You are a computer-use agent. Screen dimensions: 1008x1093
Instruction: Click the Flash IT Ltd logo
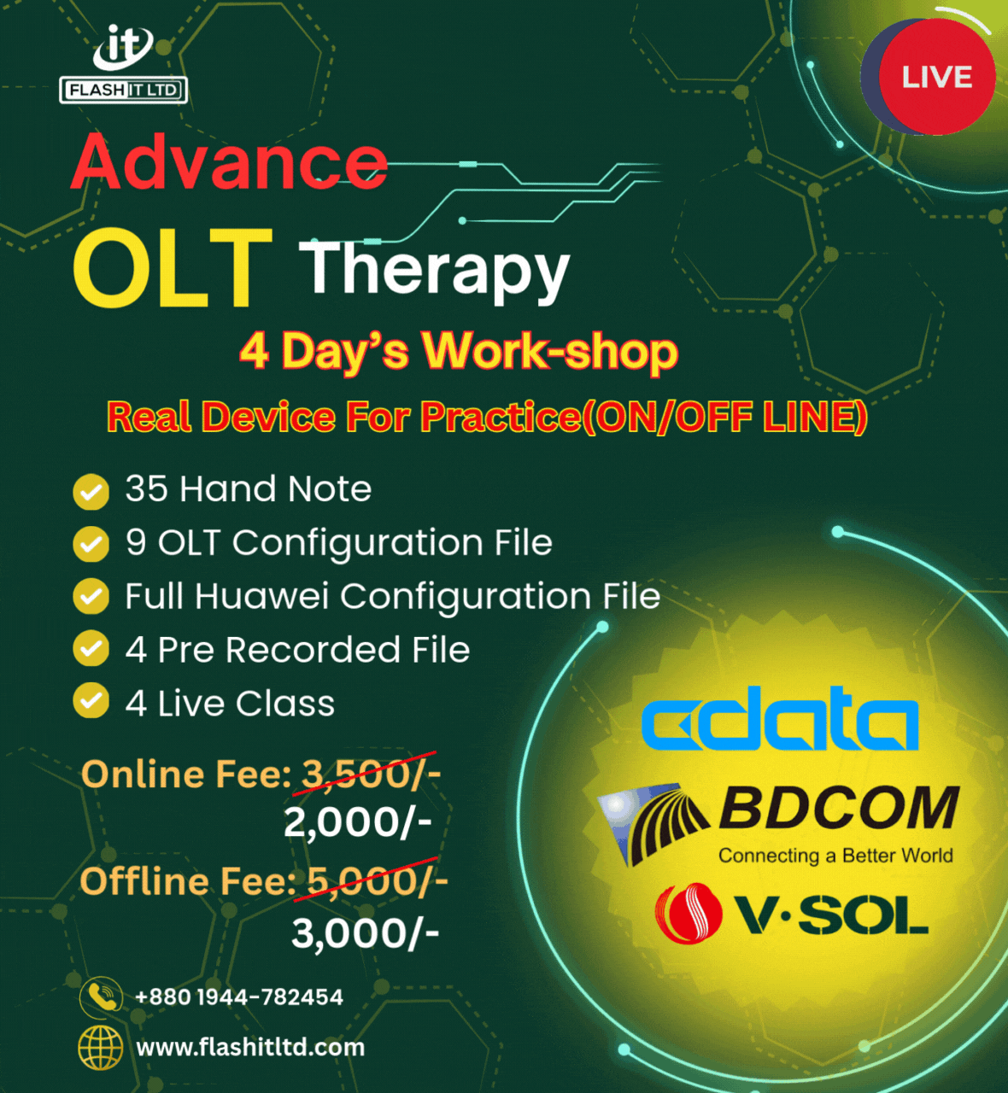pyautogui.click(x=123, y=64)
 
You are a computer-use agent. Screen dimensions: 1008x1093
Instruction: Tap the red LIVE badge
pyautogui.click(x=936, y=77)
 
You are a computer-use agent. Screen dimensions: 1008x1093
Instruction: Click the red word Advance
pyautogui.click(x=230, y=161)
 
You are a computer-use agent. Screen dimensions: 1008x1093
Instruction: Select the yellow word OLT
pyautogui.click(x=173, y=267)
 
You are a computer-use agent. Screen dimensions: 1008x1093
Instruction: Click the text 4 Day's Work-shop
pyautogui.click(x=458, y=351)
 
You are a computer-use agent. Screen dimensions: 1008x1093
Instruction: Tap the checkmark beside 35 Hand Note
pyautogui.click(x=91, y=492)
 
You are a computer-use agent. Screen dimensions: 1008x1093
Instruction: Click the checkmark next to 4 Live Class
pyautogui.click(x=91, y=700)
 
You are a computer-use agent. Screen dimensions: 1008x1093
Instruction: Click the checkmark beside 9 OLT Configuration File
pyautogui.click(x=91, y=544)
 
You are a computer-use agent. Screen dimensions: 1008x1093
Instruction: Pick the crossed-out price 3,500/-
pyautogui.click(x=371, y=774)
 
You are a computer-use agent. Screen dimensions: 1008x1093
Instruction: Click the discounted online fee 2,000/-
pyautogui.click(x=357, y=823)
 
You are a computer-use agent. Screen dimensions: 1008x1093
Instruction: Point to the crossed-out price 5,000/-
pyautogui.click(x=378, y=880)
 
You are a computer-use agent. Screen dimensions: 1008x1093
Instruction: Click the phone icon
pyautogui.click(x=101, y=997)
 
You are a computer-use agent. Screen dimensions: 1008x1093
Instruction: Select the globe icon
pyautogui.click(x=101, y=1048)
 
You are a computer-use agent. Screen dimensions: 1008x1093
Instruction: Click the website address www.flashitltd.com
pyautogui.click(x=250, y=1048)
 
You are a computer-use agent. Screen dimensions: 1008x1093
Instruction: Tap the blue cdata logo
pyautogui.click(x=779, y=718)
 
